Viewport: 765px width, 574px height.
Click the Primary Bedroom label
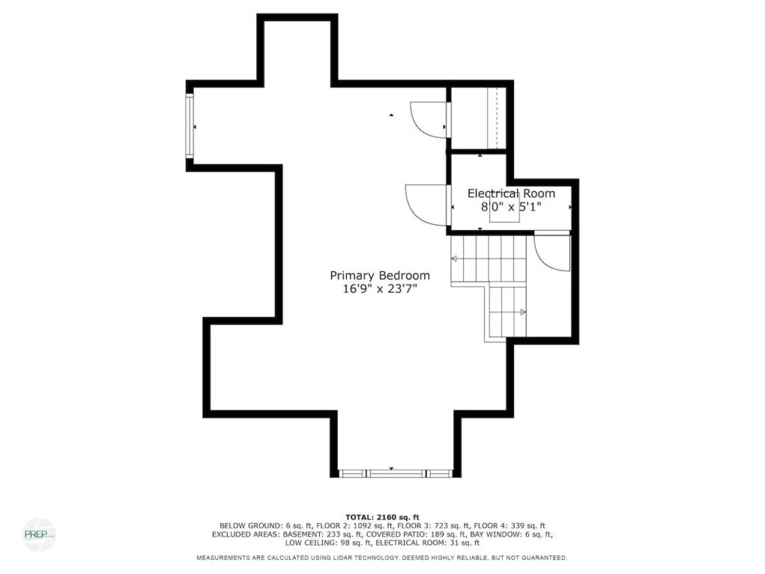pyautogui.click(x=380, y=276)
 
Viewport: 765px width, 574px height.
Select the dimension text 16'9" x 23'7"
pyautogui.click(x=380, y=289)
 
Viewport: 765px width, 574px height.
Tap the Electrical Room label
pyautogui.click(x=511, y=194)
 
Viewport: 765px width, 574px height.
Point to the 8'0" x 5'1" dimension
pyautogui.click(x=511, y=207)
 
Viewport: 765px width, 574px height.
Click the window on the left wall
pyautogui.click(x=189, y=126)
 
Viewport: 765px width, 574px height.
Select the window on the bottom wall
pyautogui.click(x=395, y=473)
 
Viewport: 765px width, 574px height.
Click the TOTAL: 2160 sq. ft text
pyautogui.click(x=382, y=517)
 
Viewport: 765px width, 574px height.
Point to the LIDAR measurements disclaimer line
pyautogui.click(x=382, y=558)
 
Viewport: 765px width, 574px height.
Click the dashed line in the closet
pyautogui.click(x=496, y=118)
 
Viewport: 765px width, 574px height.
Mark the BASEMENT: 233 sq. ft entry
pyautogui.click(x=323, y=534)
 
